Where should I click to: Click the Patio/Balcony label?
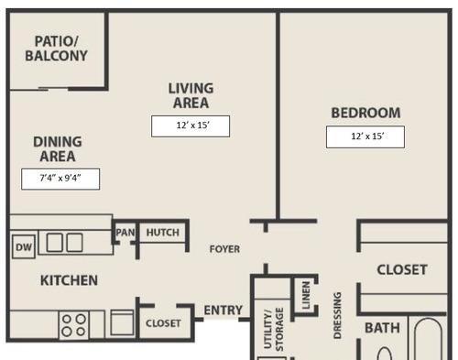tap(57, 49)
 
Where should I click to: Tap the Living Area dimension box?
tap(191, 126)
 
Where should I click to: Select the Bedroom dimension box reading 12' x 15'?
tap(365, 136)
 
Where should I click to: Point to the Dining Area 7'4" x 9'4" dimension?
tap(60, 179)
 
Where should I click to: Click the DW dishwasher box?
tap(24, 246)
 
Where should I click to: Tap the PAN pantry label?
tap(125, 233)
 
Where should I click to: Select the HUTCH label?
tap(163, 233)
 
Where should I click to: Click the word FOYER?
tap(224, 249)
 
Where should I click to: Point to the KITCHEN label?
tap(69, 280)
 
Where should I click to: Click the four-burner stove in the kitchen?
tap(74, 325)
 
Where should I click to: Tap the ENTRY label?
tap(224, 311)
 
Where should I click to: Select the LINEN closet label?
tap(306, 295)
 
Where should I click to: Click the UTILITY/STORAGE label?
tap(274, 330)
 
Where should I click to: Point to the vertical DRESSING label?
tap(337, 315)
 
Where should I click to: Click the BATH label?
tap(382, 328)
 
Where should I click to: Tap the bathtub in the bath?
tap(428, 339)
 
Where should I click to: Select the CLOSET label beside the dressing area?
tap(402, 269)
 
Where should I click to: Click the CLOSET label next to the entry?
tap(163, 323)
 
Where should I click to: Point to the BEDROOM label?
tap(365, 113)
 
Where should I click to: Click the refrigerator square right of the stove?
tap(122, 322)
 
